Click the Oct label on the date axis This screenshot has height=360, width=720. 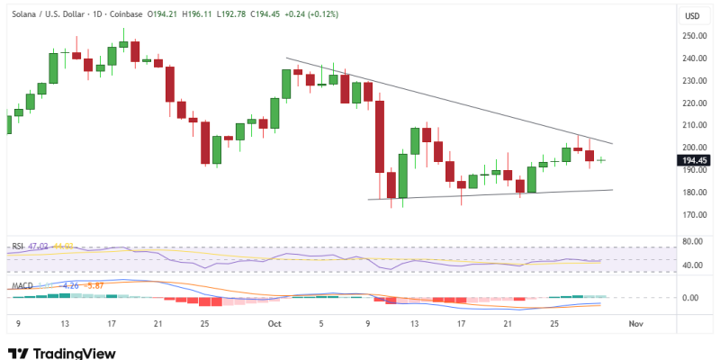tap(274, 321)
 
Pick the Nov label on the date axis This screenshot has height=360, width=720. tap(635, 321)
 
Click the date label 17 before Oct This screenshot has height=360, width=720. tap(111, 321)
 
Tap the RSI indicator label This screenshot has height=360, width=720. tap(17, 246)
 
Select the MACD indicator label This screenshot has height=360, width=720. tap(22, 286)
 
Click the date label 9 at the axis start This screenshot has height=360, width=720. tap(18, 321)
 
